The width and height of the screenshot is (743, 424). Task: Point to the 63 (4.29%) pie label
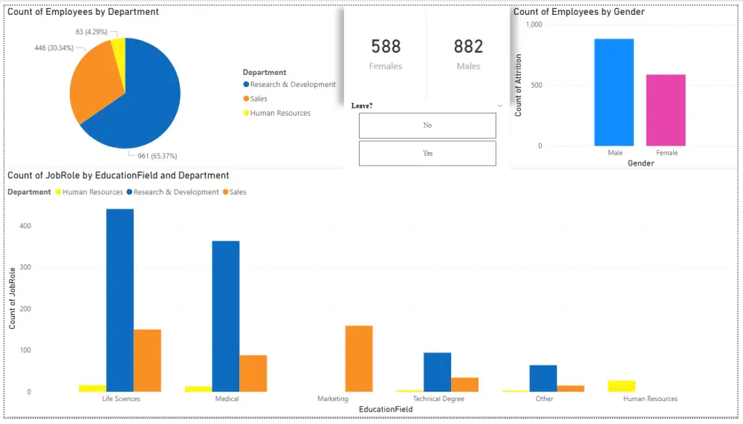tap(91, 32)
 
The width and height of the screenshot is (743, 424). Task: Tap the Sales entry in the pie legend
tap(259, 99)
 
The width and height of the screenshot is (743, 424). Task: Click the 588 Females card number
tap(386, 47)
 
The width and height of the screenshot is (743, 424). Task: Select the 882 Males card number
tap(468, 47)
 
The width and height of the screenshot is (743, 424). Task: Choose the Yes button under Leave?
tap(427, 153)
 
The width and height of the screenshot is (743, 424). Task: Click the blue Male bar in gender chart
tap(614, 93)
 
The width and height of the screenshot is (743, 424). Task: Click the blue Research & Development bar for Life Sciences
tap(120, 300)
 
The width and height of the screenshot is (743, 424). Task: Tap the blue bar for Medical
tap(226, 316)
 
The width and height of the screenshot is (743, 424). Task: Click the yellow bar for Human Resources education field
tap(621, 386)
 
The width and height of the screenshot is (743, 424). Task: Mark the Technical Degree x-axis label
tap(438, 399)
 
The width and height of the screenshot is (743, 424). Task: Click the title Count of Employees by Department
tap(82, 12)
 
